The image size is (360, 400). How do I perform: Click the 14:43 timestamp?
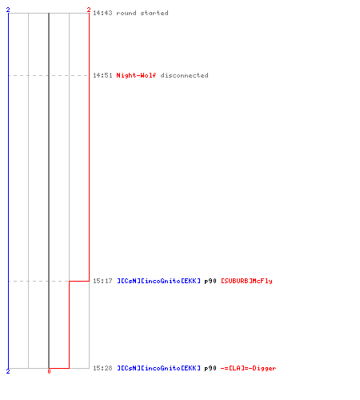pos(102,13)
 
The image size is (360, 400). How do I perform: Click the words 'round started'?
pos(142,13)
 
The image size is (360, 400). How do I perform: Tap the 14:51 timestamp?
pos(102,75)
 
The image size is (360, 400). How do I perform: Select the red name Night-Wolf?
pos(136,75)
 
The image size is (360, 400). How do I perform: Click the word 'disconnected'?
pos(184,75)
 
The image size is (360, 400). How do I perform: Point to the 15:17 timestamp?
pos(102,281)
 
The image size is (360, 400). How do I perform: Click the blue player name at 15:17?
pos(158,281)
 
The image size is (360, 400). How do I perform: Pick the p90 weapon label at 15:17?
pos(210,281)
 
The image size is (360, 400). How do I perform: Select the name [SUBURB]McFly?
pos(246,281)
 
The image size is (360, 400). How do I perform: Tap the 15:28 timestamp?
pos(102,368)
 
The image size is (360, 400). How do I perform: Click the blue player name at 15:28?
pos(158,368)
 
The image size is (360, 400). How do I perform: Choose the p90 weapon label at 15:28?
pos(210,368)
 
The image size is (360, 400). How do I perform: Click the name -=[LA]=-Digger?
pos(248,368)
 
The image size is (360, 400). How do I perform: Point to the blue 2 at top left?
pos(8,10)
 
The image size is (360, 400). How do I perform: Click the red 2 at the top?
pos(89,10)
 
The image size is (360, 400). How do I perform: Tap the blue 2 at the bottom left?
pos(8,371)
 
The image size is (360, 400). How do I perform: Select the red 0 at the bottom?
pos(49,371)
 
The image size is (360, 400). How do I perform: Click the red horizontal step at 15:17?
pos(79,281)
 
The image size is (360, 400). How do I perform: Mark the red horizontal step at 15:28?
pos(59,368)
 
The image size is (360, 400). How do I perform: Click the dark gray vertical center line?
pos(49,190)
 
